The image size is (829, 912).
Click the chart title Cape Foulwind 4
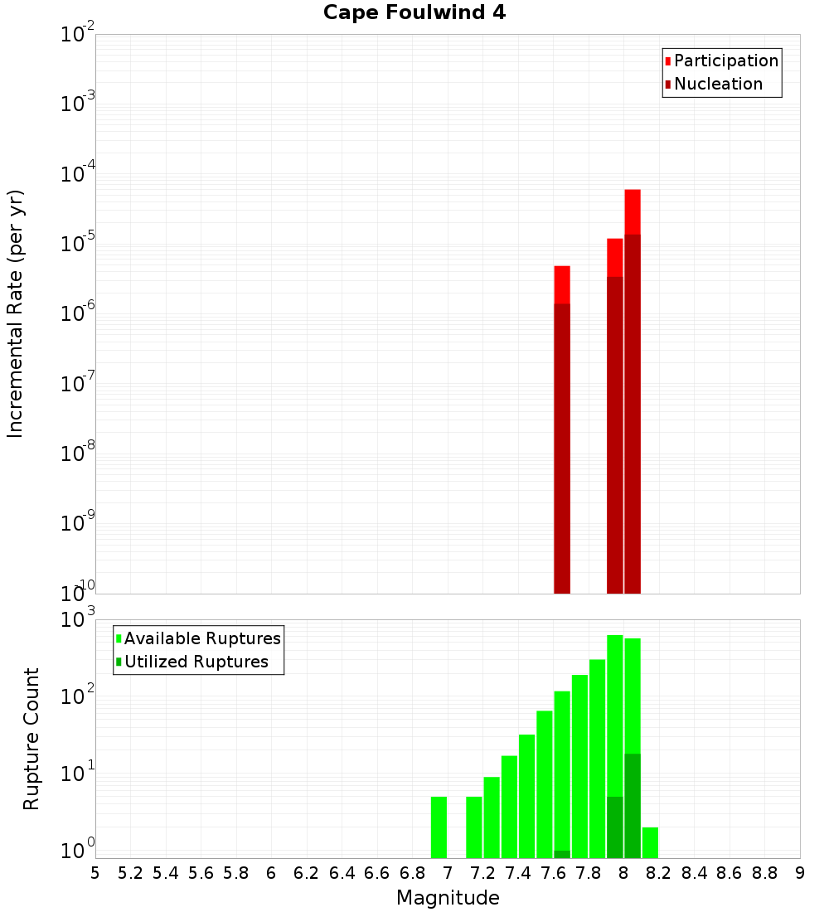[x=414, y=13]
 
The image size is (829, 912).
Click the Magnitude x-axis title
[x=448, y=898]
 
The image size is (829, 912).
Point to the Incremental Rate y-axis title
[x=16, y=313]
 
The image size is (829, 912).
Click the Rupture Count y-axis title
[x=32, y=739]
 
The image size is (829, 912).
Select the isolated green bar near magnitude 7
[x=439, y=827]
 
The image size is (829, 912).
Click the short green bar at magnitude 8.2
[x=650, y=842]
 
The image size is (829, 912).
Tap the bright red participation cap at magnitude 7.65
[x=562, y=284]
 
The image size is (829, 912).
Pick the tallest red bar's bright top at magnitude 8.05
[x=633, y=211]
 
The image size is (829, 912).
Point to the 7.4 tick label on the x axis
[x=518, y=872]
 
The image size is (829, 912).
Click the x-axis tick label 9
[x=800, y=872]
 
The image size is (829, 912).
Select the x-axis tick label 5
[x=95, y=872]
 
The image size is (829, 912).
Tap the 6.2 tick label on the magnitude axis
[x=307, y=872]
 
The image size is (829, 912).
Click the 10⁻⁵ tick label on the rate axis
[x=78, y=244]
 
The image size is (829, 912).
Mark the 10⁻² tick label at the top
[x=78, y=35]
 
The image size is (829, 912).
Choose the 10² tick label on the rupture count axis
[x=80, y=695]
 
